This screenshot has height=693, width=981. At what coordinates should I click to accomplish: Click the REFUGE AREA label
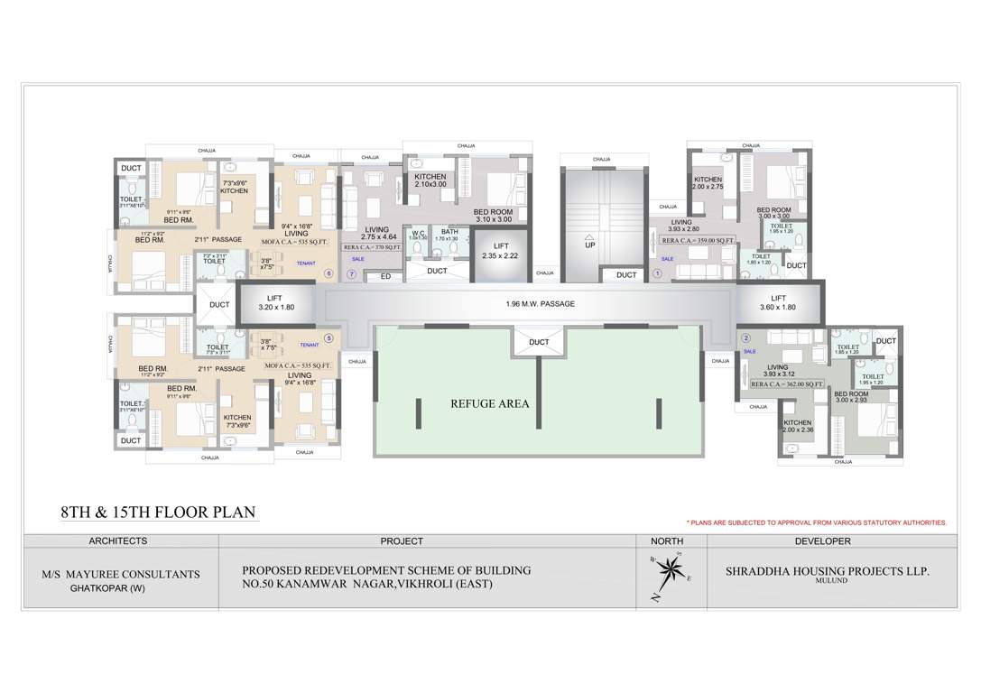point(489,403)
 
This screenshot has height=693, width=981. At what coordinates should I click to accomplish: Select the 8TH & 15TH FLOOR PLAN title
point(158,513)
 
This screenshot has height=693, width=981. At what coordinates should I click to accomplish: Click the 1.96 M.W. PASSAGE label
point(540,304)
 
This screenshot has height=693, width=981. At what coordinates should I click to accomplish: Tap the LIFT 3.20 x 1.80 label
point(275,302)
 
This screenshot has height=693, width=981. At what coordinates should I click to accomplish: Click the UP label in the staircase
point(590,245)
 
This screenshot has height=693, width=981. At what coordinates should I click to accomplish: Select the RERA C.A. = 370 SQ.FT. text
point(371,246)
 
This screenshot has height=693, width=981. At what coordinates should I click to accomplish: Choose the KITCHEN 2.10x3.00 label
point(430,180)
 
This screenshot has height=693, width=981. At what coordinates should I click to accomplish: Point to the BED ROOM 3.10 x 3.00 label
point(493,215)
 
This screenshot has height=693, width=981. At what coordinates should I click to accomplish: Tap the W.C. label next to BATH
point(418,234)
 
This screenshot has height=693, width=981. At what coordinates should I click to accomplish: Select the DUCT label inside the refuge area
point(539,342)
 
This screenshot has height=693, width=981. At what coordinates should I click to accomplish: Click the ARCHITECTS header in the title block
point(118,541)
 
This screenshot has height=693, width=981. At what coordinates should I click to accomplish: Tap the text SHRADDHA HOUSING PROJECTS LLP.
point(827,572)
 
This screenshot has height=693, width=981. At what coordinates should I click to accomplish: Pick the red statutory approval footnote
point(816,522)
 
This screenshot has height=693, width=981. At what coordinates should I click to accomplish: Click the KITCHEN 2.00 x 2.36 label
point(797,426)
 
